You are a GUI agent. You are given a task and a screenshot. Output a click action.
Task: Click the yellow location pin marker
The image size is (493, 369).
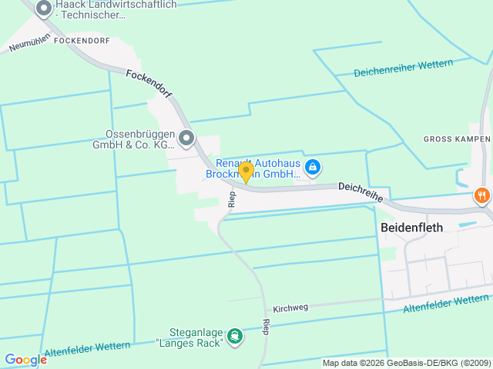point(246,171)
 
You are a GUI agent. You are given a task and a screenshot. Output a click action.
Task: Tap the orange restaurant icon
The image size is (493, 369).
point(482,195)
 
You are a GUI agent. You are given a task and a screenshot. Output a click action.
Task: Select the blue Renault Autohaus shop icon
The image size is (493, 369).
point(313,167)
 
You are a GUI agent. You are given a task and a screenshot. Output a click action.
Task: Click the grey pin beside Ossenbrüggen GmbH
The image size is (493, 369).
point(186,138)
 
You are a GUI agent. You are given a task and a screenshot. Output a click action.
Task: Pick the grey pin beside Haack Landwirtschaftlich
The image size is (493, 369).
point(44,8)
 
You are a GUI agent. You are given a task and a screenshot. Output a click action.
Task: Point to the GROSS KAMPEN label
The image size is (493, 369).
point(457,139)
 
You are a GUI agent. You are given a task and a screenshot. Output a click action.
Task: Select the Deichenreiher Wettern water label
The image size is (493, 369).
point(403,68)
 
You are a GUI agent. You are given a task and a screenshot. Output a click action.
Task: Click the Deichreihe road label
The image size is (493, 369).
point(360,191)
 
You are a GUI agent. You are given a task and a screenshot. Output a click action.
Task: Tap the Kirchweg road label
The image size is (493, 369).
point(290,307)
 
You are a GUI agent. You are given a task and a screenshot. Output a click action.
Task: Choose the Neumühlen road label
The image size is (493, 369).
point(29,42)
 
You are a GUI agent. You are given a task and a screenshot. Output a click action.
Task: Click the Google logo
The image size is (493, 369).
point(25,359)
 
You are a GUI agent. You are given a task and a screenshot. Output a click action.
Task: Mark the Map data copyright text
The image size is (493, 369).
point(405,363)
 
